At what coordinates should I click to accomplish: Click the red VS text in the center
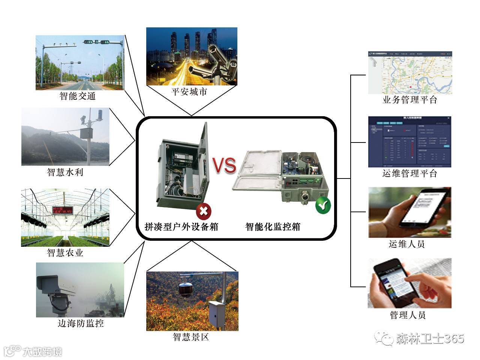pos(225,165)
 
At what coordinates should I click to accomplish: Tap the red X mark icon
pos(204,211)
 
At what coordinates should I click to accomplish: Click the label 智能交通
pos(78,96)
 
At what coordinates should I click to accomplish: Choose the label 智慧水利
pos(65,172)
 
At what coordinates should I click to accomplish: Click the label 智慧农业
pos(65,253)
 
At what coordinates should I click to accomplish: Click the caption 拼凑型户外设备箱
pos(181,227)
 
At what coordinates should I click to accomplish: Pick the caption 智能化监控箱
pos(273,227)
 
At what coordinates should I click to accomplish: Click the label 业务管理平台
pos(409,100)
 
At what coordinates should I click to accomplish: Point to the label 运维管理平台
pos(409,174)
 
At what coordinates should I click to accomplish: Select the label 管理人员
pos(408,315)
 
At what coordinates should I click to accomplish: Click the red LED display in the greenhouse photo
pos(63,210)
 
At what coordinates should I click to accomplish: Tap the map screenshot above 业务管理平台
pos(410,73)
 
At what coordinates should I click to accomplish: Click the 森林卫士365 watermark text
pos(430,339)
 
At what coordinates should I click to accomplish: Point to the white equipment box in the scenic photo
pos(217,315)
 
